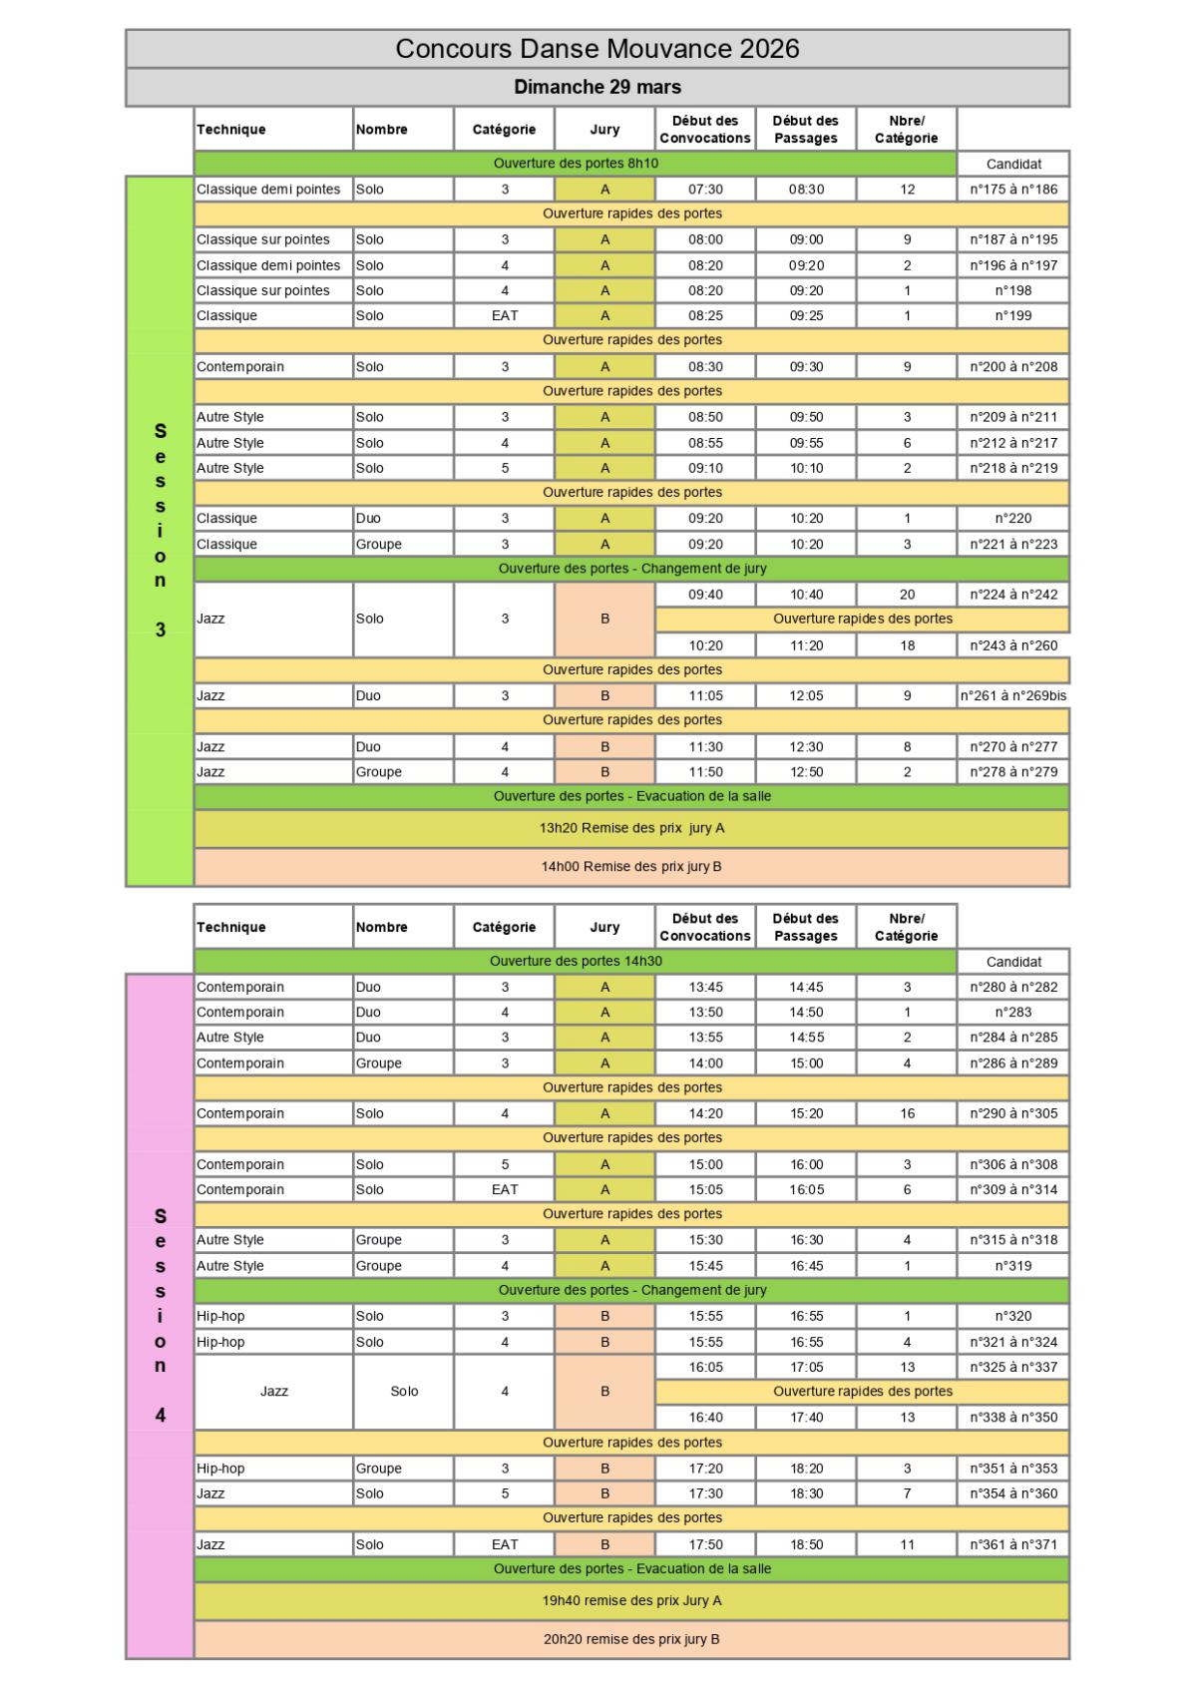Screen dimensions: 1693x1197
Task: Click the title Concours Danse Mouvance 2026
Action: pyautogui.click(x=598, y=49)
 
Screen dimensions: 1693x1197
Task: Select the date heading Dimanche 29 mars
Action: pyautogui.click(x=598, y=87)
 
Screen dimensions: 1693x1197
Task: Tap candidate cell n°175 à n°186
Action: pyautogui.click(x=1013, y=190)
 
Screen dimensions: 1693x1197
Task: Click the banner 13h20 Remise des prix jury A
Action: pyautogui.click(x=631, y=828)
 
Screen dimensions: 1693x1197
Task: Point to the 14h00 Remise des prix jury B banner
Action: pyautogui.click(x=631, y=867)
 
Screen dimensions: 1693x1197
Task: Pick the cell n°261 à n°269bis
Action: pyautogui.click(x=1013, y=696)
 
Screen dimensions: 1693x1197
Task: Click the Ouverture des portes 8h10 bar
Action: pyautogui.click(x=576, y=164)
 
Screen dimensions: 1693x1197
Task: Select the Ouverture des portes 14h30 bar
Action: pyautogui.click(x=576, y=962)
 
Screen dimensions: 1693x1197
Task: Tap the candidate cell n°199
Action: pyautogui.click(x=1013, y=316)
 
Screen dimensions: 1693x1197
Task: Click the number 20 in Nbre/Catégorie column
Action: pyautogui.click(x=907, y=595)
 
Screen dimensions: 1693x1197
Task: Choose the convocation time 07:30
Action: pyautogui.click(x=705, y=190)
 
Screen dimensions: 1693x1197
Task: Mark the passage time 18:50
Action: pyautogui.click(x=806, y=1544)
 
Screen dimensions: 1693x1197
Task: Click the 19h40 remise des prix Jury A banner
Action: pyautogui.click(x=631, y=1601)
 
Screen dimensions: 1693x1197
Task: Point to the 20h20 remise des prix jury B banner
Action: pyautogui.click(x=631, y=1639)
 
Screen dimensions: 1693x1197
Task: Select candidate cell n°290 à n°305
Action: pyautogui.click(x=1013, y=1113)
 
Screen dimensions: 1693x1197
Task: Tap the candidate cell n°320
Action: pyautogui.click(x=1013, y=1316)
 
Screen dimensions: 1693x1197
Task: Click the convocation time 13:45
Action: pyautogui.click(x=705, y=988)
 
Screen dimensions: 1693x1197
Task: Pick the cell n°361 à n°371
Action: pyautogui.click(x=1013, y=1544)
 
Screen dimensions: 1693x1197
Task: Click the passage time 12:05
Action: pyautogui.click(x=806, y=696)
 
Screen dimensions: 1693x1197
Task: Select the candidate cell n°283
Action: pyautogui.click(x=1013, y=1013)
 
